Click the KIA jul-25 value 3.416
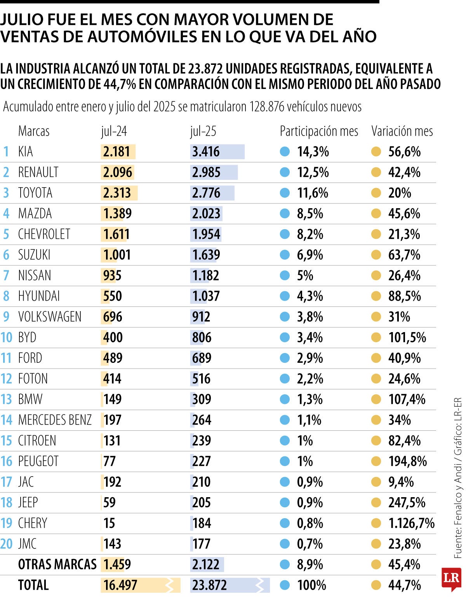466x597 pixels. tap(206, 152)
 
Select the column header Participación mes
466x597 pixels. tap(319, 131)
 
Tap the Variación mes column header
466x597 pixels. tap(402, 131)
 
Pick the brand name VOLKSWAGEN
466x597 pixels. tap(50, 317)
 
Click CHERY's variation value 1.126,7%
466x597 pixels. tap(411, 523)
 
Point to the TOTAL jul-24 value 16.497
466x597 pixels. tap(120, 585)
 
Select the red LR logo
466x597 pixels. tap(451, 578)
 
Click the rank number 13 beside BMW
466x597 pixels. tap(7, 399)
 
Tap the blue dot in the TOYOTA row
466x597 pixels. tap(285, 193)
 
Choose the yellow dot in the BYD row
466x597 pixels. tap(376, 338)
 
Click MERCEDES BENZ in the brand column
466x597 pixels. tap(55, 420)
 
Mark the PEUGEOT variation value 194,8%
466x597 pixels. tap(407, 461)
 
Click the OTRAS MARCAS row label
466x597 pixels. tap(57, 564)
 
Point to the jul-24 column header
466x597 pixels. tap(114, 131)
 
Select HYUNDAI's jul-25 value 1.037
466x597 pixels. tap(206, 296)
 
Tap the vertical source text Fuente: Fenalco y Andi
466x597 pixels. tap(458, 505)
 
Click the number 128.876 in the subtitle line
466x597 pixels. tap(267, 106)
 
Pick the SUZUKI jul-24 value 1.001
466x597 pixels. tap(117, 255)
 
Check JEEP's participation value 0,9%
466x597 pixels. tap(310, 503)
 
